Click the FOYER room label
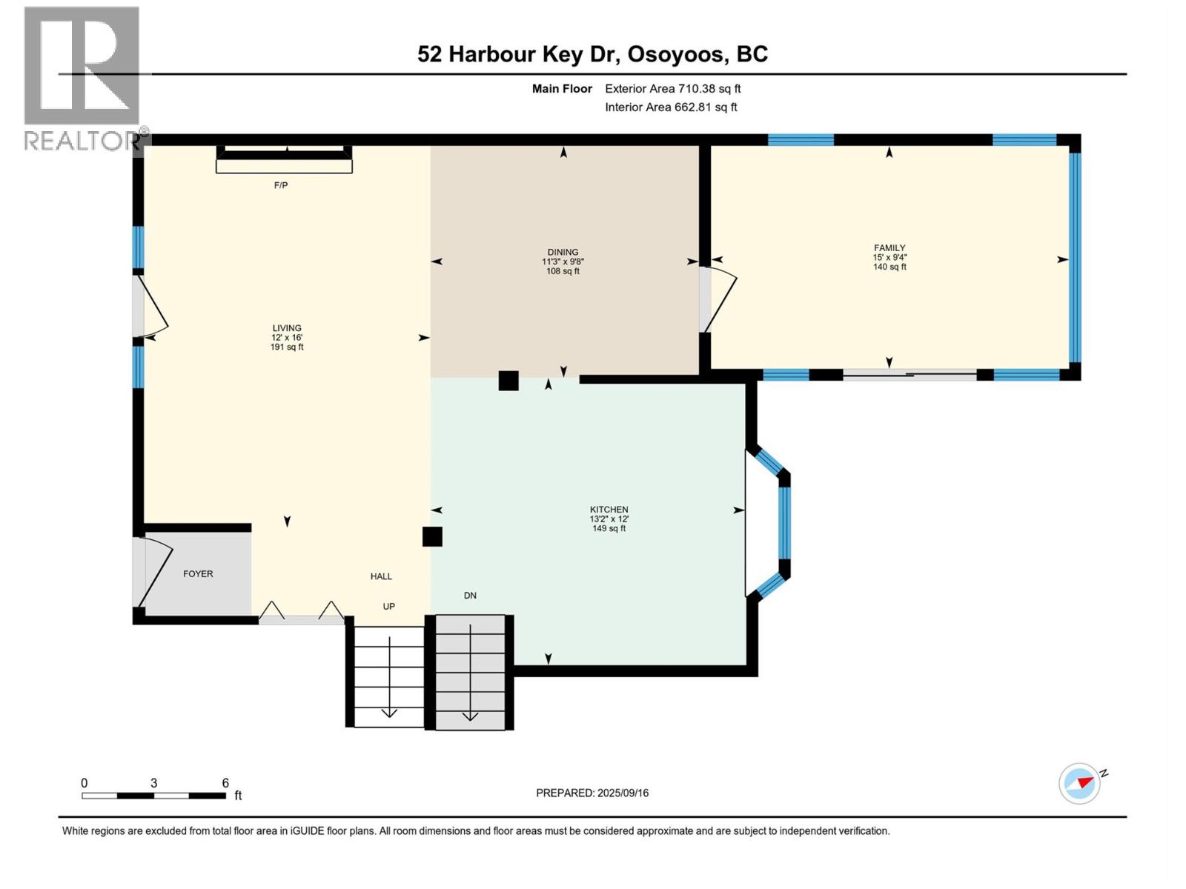tap(198, 574)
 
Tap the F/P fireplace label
tap(281, 185)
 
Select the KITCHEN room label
tap(609, 510)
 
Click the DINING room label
tap(563, 252)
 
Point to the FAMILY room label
tap(889, 248)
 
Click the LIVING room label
tap(287, 328)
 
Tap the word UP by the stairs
tap(389, 606)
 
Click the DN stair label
tap(470, 596)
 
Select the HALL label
tap(382, 576)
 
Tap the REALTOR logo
tap(82, 78)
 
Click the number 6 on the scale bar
tap(225, 783)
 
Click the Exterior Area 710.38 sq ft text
tap(672, 89)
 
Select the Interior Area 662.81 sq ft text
tap(671, 107)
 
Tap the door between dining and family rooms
tap(717, 299)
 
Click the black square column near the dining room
tap(508, 381)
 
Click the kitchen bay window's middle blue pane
tap(785, 522)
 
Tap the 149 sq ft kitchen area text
tap(609, 528)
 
